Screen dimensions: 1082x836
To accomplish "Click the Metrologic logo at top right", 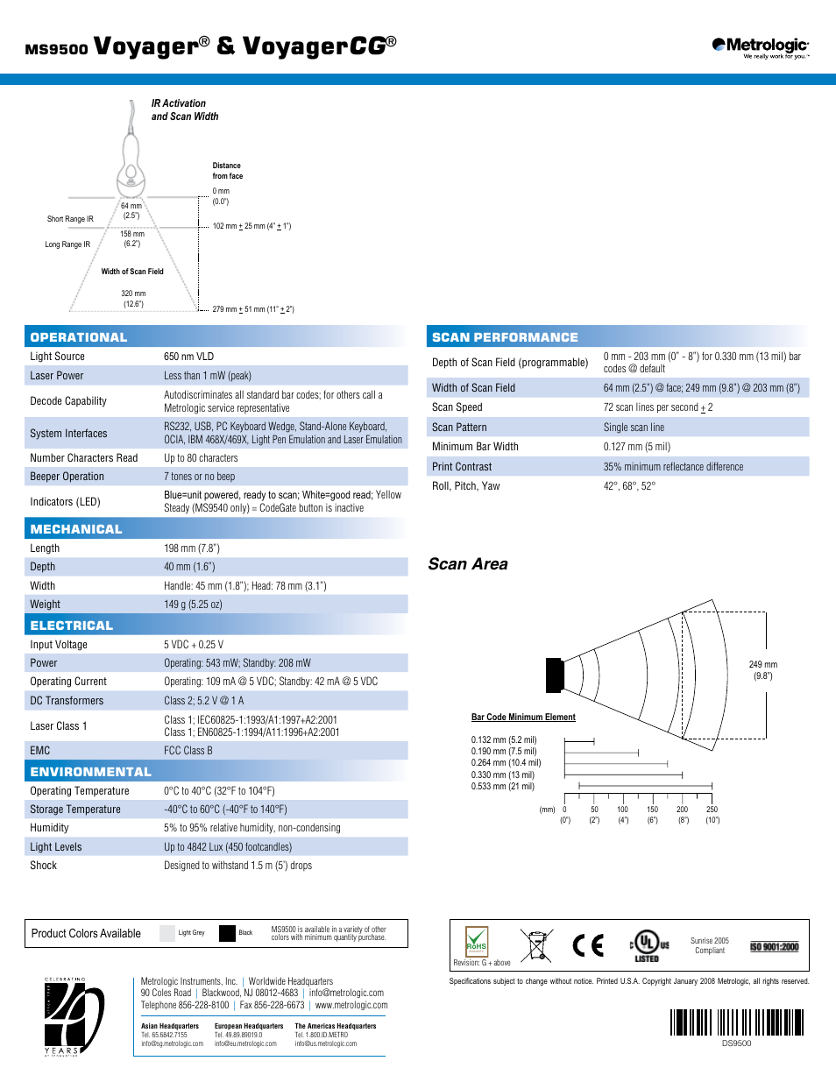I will pos(760,47).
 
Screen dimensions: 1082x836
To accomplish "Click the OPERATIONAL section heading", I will pos(79,337).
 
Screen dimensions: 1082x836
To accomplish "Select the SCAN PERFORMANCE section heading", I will pos(505,337).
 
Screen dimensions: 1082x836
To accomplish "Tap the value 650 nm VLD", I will pos(188,357).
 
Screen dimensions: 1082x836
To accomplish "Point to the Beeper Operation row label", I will pos(67,477).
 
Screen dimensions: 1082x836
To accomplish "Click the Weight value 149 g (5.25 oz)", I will pos(193,605).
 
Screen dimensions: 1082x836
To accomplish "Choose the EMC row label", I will pos(40,751).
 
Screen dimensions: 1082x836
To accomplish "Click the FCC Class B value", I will pos(188,751).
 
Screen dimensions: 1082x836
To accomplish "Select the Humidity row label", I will pos(49,828).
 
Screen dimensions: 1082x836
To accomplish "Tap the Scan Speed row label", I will pos(457,407).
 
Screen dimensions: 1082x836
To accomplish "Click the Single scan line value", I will pos(634,428).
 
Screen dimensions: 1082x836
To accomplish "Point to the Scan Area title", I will pos(468,564).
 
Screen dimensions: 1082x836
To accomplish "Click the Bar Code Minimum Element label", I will pos(523,718).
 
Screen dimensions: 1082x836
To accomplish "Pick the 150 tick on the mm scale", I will pos(652,810).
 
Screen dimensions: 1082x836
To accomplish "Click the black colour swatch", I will pos(228,933).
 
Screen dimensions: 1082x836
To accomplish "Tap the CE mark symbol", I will pos(588,945).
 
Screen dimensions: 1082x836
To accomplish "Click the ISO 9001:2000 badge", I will pos(775,947).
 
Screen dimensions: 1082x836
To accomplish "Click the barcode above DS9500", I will pos(737,1022).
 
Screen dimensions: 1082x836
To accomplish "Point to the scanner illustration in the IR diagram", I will pos(131,162).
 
